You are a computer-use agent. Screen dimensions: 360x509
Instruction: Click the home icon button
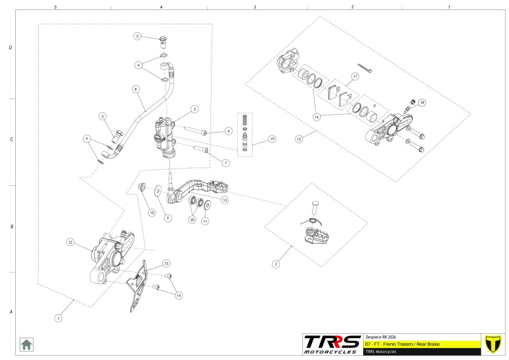coord(26,344)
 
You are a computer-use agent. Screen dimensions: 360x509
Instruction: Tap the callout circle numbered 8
coord(136,90)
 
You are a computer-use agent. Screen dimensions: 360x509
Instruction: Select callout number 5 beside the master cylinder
coord(195,109)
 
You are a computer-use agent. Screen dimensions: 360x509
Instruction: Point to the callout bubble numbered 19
coord(271,139)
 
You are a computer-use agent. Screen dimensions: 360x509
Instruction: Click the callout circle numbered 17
coord(354,77)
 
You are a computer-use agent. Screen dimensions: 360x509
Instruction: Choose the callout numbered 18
coord(422,103)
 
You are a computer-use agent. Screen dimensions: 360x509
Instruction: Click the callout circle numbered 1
coord(58,318)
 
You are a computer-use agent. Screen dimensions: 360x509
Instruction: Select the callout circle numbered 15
coord(225,200)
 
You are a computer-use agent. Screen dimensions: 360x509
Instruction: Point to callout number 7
coord(226,162)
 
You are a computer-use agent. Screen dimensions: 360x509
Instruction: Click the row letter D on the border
coord(10,48)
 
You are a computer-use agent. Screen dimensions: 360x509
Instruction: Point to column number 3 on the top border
coord(255,7)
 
